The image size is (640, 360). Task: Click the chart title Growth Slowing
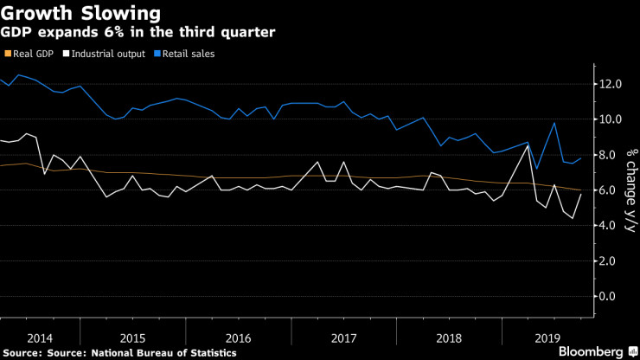click(x=80, y=14)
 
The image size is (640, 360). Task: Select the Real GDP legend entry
click(x=33, y=54)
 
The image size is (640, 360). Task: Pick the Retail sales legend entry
click(x=186, y=54)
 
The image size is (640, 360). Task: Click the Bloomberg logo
click(x=593, y=351)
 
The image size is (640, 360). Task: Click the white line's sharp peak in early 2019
click(x=528, y=146)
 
